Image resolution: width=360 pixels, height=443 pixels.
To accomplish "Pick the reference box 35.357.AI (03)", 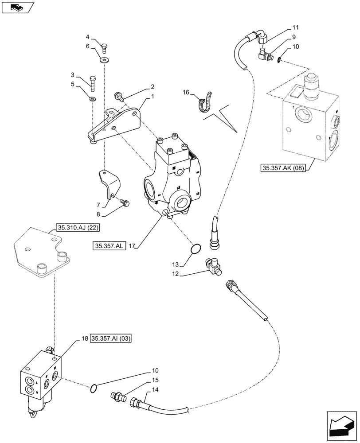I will point(111,339).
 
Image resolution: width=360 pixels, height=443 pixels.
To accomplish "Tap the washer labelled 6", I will point(105,59).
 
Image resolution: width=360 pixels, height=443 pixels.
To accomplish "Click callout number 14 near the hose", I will point(155,390).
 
